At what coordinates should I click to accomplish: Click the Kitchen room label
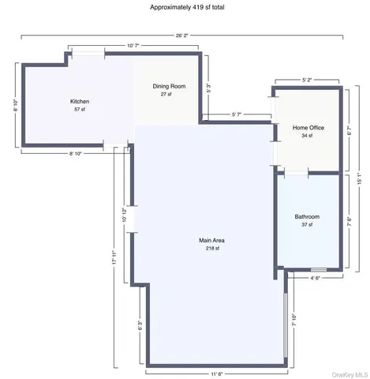coord(80,102)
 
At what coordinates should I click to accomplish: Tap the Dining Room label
coord(169,85)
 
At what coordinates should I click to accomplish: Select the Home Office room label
coord(308,127)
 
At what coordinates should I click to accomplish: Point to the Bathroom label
coord(306,216)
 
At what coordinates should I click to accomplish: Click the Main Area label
coord(211,240)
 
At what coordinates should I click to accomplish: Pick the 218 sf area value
coord(211,248)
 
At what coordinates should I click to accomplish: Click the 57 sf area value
coord(80,110)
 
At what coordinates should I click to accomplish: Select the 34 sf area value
coord(308,136)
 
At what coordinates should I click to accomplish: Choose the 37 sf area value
coord(306,225)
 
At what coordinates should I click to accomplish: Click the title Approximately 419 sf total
coord(185,6)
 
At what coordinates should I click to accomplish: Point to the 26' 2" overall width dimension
coord(183,34)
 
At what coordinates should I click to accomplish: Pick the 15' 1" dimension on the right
coord(359,178)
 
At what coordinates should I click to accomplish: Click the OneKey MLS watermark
coord(350,373)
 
